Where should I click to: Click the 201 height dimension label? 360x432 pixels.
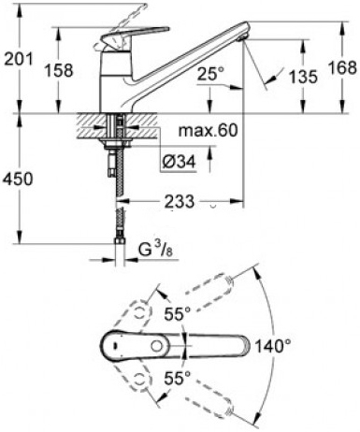19,59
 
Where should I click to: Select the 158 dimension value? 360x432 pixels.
59,70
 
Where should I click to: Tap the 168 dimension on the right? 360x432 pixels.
343,67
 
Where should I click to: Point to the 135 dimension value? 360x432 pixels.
303,77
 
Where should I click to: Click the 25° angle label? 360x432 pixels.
210,74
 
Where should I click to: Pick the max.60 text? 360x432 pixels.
208,130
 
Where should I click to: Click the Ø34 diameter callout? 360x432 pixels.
179,162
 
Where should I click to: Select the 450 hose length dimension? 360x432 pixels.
18,180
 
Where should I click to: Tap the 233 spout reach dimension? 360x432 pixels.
179,201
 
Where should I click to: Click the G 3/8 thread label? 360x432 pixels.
155,250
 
